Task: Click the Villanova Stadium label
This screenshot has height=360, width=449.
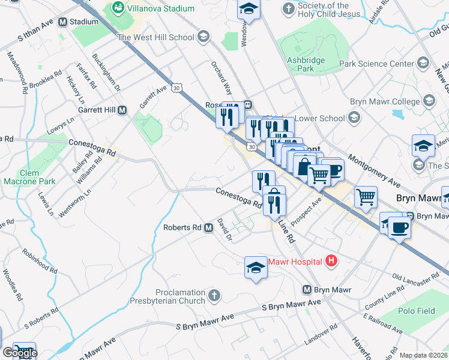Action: coord(156,9)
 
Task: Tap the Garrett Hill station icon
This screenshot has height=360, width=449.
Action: coord(122,110)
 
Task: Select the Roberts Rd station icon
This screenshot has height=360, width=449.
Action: coord(208,228)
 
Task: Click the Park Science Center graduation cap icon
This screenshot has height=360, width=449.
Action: coord(423,64)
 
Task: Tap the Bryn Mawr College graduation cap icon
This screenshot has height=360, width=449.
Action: coord(429,101)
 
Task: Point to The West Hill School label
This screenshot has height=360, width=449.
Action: coord(156,37)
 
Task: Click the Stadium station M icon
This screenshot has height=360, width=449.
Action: coord(63,22)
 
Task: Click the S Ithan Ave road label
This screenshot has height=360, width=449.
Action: coord(35,37)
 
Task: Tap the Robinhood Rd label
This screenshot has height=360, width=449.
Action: coord(40,261)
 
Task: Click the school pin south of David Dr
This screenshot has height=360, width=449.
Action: coord(255,267)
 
